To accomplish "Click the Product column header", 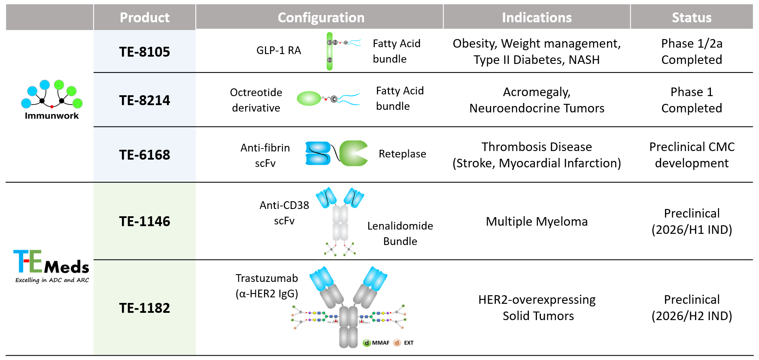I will pyautogui.click(x=144, y=18).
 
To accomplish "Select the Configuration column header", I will pyautogui.click(x=321, y=18).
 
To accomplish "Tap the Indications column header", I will pyautogui.click(x=537, y=18).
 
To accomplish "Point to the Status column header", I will pyautogui.click(x=691, y=18).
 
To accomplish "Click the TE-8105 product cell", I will pyautogui.click(x=144, y=52).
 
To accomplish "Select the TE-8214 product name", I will pyautogui.click(x=144, y=100).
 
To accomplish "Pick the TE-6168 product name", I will pyautogui.click(x=144, y=155).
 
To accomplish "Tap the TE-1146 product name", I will pyautogui.click(x=144, y=221).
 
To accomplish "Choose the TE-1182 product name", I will pyautogui.click(x=144, y=308).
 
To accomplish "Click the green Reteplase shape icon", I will pyautogui.click(x=353, y=153).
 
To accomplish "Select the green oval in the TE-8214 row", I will pyautogui.click(x=309, y=99).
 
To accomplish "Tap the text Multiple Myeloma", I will pyautogui.click(x=537, y=221).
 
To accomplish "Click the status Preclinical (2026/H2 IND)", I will pyautogui.click(x=692, y=308).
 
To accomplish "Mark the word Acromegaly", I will pyautogui.click(x=537, y=92).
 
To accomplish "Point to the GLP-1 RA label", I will pyautogui.click(x=279, y=51).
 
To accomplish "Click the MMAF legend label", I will pyautogui.click(x=380, y=343).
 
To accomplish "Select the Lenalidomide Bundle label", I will pyautogui.click(x=400, y=233).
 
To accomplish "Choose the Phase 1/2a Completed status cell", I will pyautogui.click(x=692, y=51).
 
